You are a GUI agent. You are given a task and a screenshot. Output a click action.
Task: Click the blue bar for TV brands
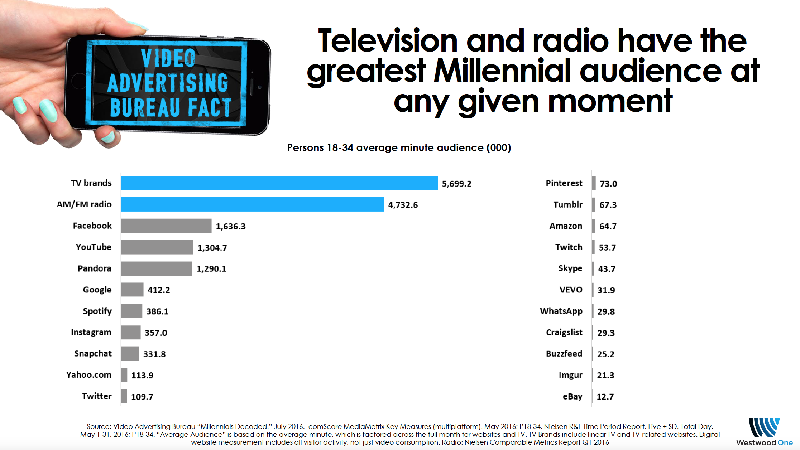tap(279, 183)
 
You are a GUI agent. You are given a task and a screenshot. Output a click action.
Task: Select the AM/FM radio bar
tap(253, 204)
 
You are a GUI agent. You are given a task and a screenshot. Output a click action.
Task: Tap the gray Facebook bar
tap(166, 226)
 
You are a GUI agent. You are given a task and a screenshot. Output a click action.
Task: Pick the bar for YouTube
tap(157, 247)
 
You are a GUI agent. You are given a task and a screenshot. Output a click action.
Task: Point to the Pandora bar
tap(157, 268)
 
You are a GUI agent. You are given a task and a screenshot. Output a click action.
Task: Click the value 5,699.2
tap(456, 184)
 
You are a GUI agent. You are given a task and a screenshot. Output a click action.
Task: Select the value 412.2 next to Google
tap(159, 290)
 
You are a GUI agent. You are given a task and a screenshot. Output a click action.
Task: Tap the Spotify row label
tap(97, 311)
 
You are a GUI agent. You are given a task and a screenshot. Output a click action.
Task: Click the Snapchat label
tap(93, 354)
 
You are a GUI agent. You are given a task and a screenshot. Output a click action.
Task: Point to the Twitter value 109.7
tap(142, 397)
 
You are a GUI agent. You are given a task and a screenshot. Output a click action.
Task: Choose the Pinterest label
tap(564, 183)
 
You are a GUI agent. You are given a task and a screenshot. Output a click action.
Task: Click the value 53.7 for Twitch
tap(607, 247)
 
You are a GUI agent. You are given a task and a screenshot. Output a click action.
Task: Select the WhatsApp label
tap(561, 311)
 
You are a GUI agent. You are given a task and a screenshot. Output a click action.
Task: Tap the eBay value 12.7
tap(605, 397)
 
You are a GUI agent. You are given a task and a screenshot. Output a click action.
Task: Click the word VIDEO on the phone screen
tap(168, 58)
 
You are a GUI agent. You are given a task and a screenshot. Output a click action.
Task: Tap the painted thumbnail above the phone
tap(138, 26)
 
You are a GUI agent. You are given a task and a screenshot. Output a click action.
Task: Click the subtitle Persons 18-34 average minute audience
tap(399, 147)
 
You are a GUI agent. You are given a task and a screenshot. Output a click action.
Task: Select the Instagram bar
tap(131, 333)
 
